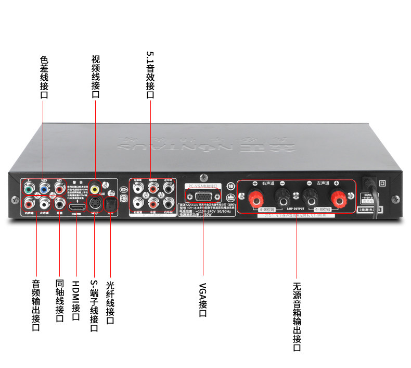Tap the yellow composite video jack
pyautogui.click(x=95, y=187)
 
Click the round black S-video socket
pyautogui.click(x=95, y=203)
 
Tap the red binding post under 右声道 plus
pyautogui.click(x=256, y=197)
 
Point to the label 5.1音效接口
pyautogui.click(x=150, y=75)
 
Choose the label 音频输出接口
pyautogui.click(x=36, y=305)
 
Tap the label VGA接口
pyautogui.click(x=203, y=300)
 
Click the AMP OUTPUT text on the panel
pyautogui.click(x=296, y=207)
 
